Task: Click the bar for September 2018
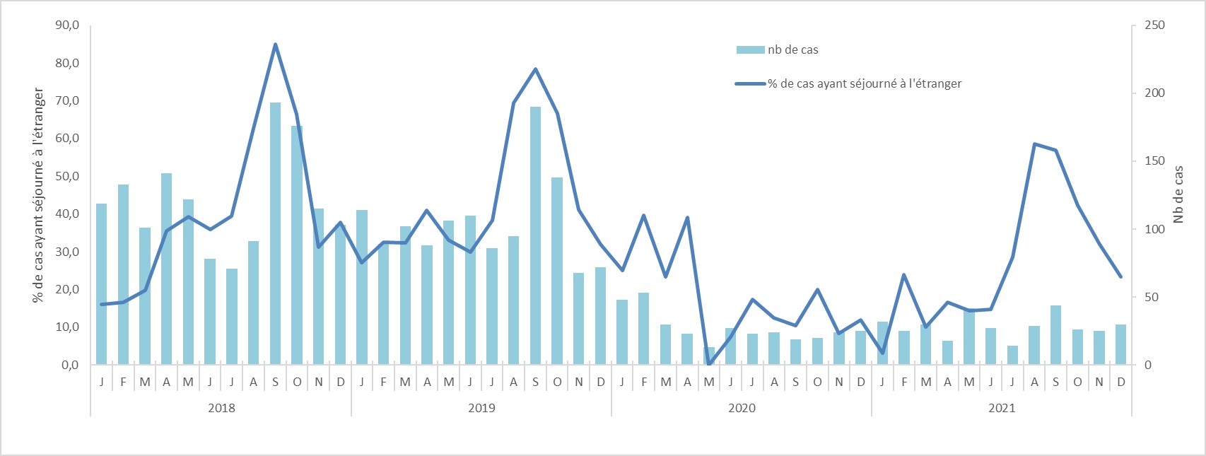click(x=275, y=233)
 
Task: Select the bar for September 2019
click(x=535, y=235)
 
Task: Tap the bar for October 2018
click(x=297, y=245)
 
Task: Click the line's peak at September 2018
click(x=275, y=45)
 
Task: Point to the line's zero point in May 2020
click(x=709, y=364)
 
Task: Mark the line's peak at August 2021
click(x=1034, y=144)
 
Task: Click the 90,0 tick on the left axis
click(x=67, y=25)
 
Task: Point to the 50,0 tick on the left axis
click(x=67, y=176)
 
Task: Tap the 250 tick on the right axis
click(x=1154, y=25)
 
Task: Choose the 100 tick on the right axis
click(x=1154, y=229)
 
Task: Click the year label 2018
click(x=221, y=408)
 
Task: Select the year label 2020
click(x=742, y=408)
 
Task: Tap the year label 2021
click(x=1002, y=408)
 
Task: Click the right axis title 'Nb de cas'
click(x=1178, y=194)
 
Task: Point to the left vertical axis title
click(x=38, y=195)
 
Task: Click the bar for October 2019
click(x=557, y=271)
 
